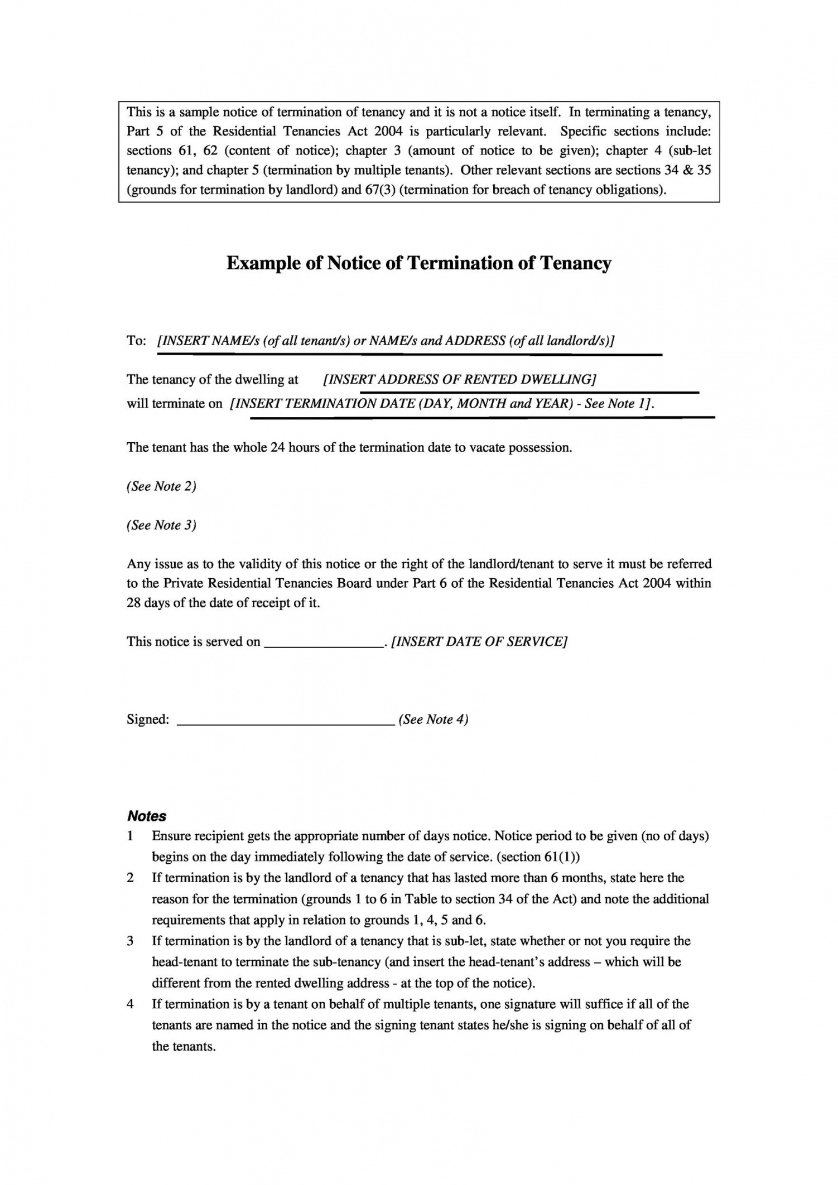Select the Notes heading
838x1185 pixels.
147,816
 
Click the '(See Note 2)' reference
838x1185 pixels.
161,486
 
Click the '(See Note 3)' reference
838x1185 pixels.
161,525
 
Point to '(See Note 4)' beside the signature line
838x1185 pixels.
434,719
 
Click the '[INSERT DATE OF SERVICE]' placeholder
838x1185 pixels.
479,642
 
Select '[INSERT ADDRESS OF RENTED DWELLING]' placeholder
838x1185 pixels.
460,380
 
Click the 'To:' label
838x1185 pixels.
136,341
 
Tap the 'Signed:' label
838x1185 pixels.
148,719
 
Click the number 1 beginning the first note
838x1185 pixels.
130,836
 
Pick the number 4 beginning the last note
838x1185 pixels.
130,1004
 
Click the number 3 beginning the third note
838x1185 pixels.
130,941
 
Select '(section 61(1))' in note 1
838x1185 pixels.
538,857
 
